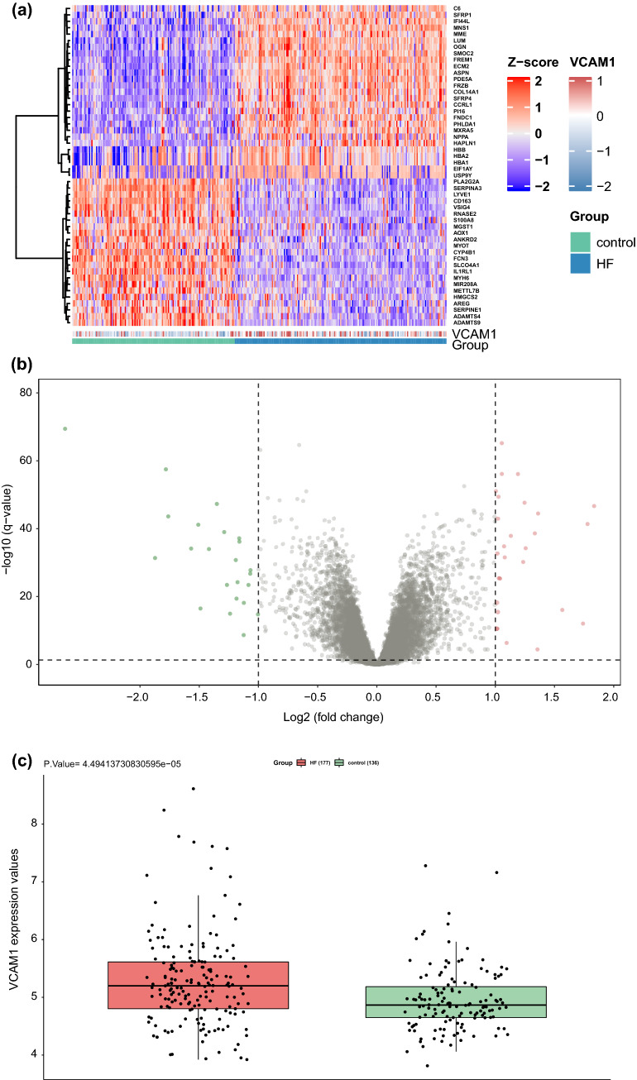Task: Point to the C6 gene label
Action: pos(457,9)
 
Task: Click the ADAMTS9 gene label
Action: pos(465,323)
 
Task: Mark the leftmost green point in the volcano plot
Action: pos(65,428)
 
